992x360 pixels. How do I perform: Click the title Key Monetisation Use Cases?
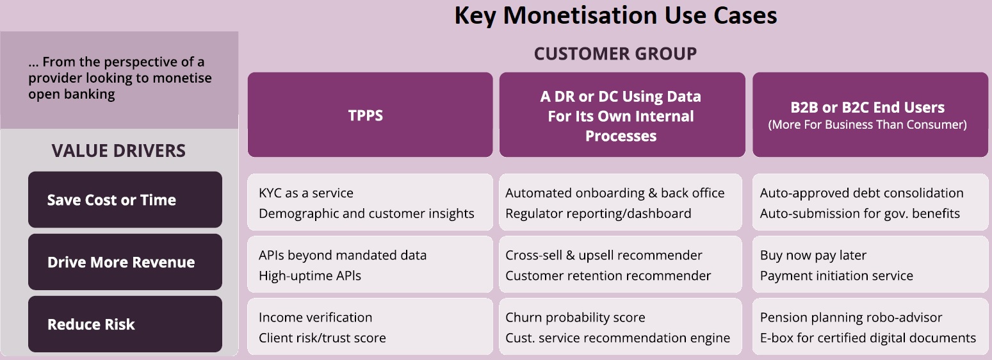615,15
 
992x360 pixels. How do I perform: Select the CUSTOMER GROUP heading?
615,54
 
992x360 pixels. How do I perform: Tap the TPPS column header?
366,115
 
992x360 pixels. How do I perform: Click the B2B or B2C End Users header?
867,107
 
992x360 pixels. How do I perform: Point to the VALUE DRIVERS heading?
118,151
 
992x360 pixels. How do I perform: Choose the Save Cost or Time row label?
111,200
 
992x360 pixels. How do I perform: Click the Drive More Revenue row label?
121,262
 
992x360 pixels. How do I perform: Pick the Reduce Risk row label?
91,324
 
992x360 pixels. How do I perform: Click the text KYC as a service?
306,193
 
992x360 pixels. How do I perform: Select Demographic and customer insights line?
366,213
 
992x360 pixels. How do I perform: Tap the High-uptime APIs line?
310,275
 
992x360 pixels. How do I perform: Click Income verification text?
315,317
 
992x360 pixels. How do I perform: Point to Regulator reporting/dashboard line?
598,213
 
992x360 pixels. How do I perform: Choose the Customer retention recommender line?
608,275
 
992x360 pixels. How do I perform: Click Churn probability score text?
575,318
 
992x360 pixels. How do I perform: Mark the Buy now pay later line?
813,256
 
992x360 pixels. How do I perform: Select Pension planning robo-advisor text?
850,318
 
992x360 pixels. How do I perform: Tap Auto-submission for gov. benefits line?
859,213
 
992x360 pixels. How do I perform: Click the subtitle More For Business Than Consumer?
867,124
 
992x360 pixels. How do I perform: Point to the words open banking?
71,94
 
